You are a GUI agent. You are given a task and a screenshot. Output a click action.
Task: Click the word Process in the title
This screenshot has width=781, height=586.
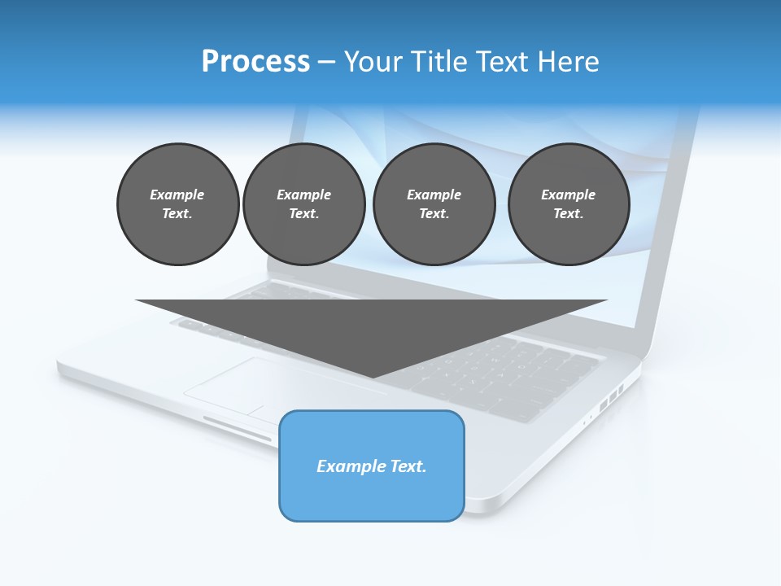255,62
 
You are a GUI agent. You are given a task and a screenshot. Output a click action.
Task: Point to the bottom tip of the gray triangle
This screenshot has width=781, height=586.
373,377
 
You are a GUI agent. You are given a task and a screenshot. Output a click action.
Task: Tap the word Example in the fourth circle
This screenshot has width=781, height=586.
569,195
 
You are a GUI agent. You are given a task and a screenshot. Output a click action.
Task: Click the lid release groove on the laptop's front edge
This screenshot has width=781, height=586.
238,428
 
